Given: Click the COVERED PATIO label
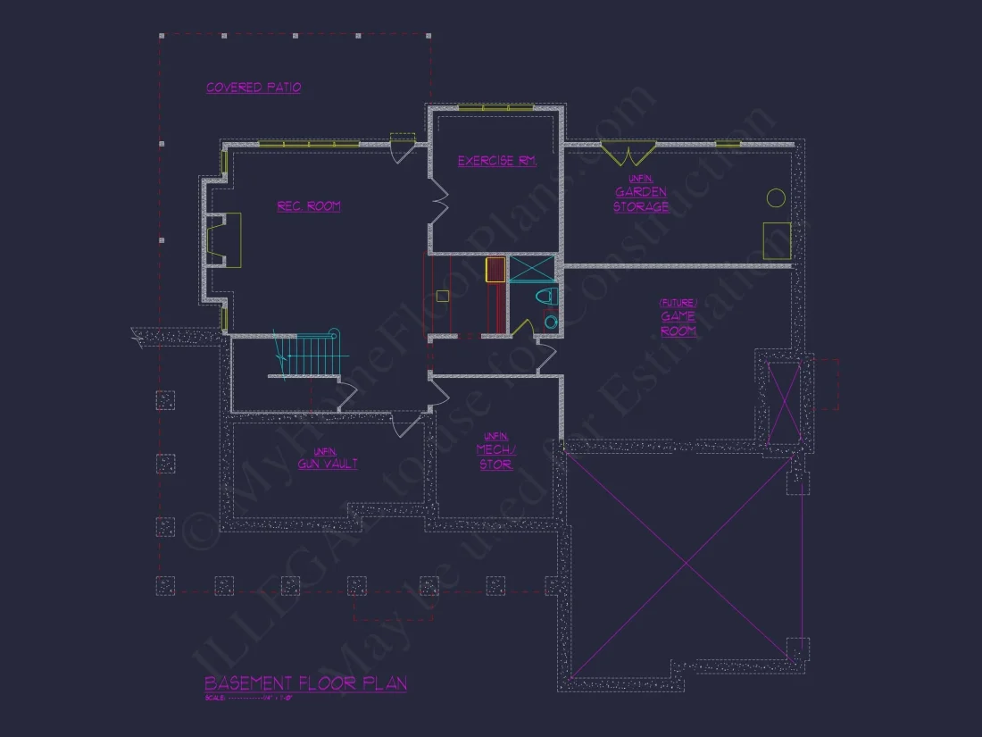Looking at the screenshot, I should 254,88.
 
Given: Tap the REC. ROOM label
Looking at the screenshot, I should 308,206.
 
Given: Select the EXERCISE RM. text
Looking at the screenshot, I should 496,161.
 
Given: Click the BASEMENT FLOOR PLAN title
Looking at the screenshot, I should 305,683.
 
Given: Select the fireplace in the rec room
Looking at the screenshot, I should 224,239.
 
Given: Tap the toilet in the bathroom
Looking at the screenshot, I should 545,297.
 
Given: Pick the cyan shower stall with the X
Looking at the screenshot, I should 531,268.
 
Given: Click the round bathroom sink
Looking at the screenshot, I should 551,322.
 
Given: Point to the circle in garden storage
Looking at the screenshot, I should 776,197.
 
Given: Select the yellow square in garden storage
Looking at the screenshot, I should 776,240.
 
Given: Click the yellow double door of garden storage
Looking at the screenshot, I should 628,154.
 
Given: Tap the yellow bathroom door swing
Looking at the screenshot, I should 523,326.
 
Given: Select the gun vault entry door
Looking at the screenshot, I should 407,423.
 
